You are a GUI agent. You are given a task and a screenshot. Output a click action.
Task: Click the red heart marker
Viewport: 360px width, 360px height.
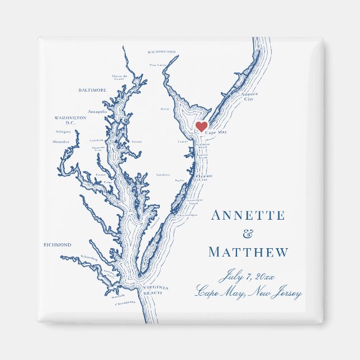click(x=201, y=127)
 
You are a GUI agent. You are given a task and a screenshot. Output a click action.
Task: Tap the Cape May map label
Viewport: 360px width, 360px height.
click(x=216, y=132)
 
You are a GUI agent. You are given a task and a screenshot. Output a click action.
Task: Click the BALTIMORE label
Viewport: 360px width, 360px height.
click(x=92, y=90)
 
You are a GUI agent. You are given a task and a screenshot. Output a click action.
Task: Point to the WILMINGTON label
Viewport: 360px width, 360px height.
click(x=162, y=51)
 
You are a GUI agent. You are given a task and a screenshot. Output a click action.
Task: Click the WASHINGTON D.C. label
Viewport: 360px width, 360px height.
click(x=70, y=120)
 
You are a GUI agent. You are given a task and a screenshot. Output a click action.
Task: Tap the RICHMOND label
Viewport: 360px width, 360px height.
click(x=58, y=245)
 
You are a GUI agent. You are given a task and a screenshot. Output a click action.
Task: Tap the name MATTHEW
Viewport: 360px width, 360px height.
click(x=249, y=252)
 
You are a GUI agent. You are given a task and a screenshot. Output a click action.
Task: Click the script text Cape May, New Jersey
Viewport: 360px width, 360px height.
click(x=249, y=292)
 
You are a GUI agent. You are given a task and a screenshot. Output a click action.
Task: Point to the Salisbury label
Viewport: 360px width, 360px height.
click(x=163, y=174)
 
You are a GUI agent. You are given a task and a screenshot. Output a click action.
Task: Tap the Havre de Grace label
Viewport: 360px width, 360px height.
click(x=120, y=77)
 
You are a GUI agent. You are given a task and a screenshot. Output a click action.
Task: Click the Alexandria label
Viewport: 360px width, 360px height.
click(x=61, y=142)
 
